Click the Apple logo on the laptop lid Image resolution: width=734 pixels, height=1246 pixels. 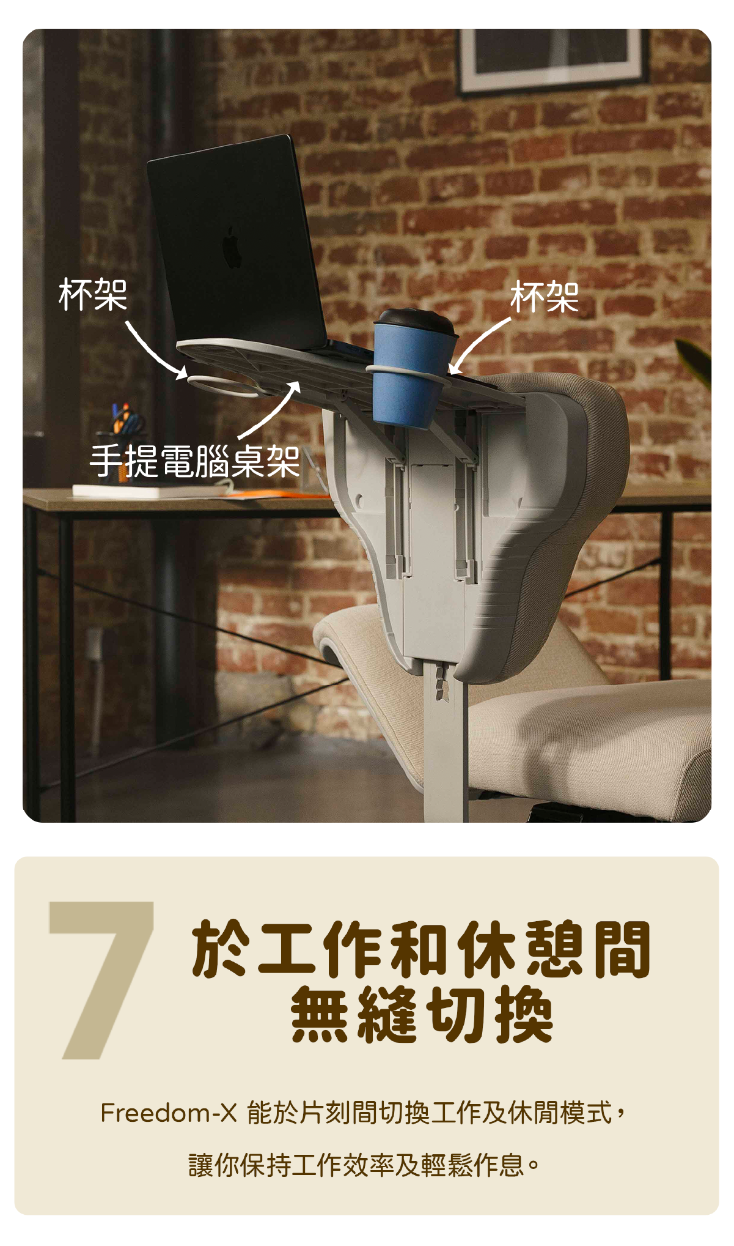231,247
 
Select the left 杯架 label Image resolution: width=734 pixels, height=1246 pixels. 93,295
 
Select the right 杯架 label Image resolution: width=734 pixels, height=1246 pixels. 544,297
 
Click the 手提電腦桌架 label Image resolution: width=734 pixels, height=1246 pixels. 194,462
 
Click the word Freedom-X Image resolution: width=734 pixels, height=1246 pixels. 168,1113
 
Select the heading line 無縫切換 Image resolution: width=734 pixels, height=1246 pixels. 422,1016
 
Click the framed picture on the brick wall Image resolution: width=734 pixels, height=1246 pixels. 552,58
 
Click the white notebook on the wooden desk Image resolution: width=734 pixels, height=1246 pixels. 147,491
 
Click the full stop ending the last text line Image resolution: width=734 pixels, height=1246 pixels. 533,1165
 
